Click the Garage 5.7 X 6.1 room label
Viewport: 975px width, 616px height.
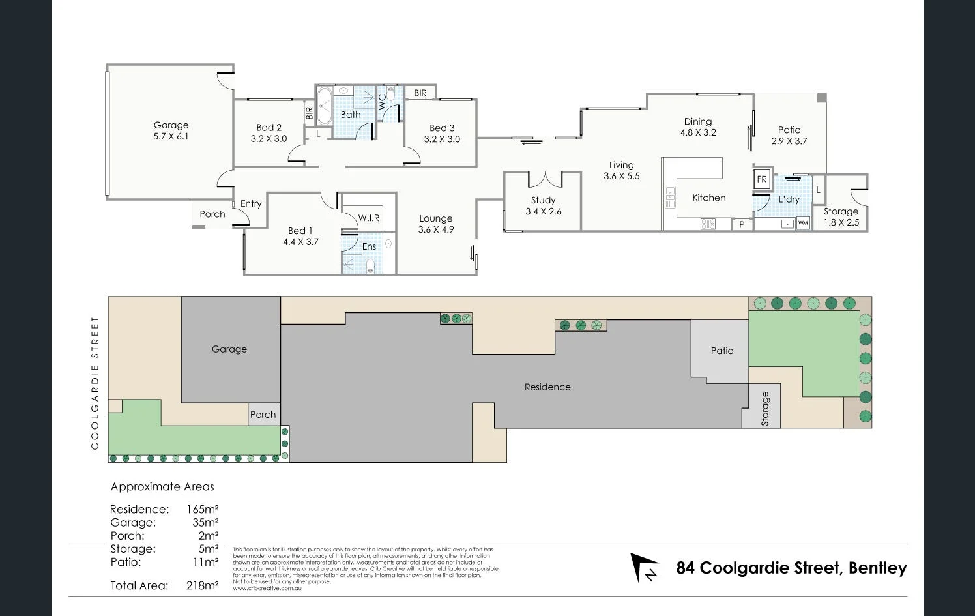(x=171, y=130)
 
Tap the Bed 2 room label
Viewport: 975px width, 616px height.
(x=269, y=128)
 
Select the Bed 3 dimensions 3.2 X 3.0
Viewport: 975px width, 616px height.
(x=442, y=139)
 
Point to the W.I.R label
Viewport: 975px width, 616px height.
(x=368, y=218)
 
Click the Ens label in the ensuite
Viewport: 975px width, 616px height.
(x=369, y=246)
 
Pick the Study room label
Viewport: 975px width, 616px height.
(x=543, y=200)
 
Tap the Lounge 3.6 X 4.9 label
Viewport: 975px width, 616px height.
(x=435, y=224)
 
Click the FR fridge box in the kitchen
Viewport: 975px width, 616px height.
(x=762, y=179)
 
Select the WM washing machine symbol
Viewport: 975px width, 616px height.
(x=803, y=223)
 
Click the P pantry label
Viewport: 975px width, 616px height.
(x=742, y=225)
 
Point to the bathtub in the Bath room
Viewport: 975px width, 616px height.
(x=325, y=105)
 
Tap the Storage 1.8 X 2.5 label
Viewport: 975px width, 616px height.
(x=841, y=216)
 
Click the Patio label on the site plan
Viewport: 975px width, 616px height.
(x=721, y=351)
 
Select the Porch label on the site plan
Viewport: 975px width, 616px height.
(x=263, y=415)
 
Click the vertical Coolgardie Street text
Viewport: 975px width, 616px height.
(x=95, y=383)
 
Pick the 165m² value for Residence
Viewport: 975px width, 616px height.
(x=202, y=509)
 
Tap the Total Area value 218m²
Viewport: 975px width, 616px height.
(x=202, y=585)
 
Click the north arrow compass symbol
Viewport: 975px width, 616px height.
(x=644, y=567)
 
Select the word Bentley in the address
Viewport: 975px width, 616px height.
(x=877, y=568)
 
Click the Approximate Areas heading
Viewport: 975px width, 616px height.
(x=162, y=486)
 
